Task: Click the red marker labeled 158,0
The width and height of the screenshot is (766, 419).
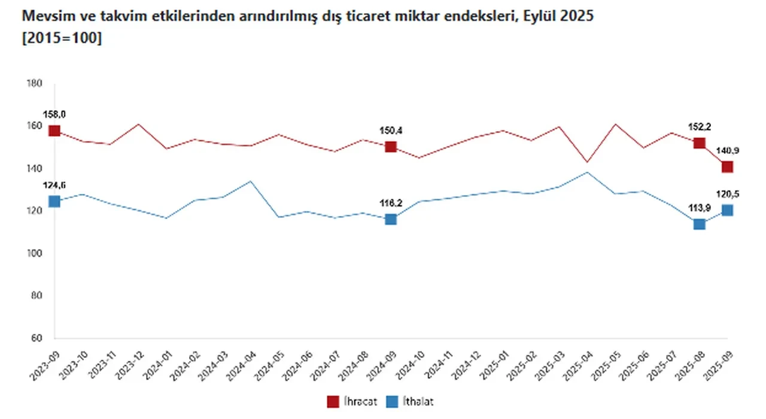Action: [x=54, y=131]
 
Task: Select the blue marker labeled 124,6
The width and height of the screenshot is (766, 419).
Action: [x=54, y=201]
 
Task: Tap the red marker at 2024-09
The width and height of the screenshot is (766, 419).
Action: [x=391, y=147]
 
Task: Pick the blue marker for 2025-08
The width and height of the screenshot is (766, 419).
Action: [x=699, y=224]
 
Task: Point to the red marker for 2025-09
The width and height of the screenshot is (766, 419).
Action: [x=727, y=166]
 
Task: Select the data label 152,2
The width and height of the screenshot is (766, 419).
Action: [x=699, y=126]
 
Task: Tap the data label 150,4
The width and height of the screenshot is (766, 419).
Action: [x=391, y=130]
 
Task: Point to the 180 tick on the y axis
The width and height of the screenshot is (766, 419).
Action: [x=34, y=84]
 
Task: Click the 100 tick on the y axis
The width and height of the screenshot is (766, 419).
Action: [x=34, y=253]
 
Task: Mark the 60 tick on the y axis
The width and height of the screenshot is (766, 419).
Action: [x=35, y=338]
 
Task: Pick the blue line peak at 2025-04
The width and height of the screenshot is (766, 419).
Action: [x=587, y=172]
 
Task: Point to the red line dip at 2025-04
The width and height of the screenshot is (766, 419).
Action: [x=587, y=162]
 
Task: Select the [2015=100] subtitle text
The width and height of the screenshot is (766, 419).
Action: [x=62, y=38]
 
